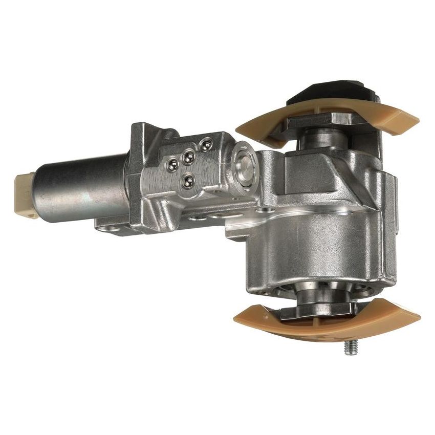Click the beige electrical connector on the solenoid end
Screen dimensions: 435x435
[x=25, y=192]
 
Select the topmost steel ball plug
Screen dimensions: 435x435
[x=206, y=145]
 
